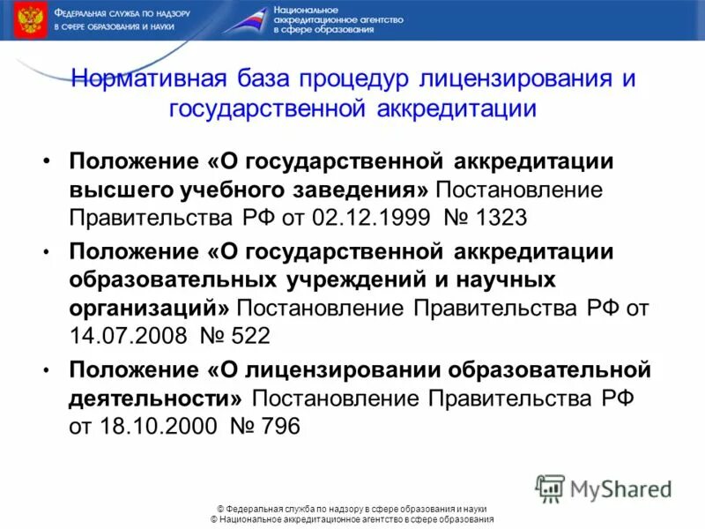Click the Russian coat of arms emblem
(31, 19)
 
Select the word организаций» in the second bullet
(150, 307)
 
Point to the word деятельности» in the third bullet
(159, 397)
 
